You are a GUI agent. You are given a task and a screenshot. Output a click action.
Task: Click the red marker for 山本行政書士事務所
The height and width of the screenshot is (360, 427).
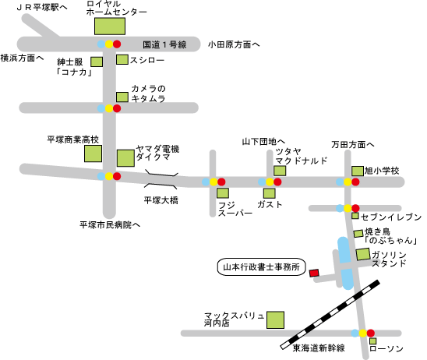click(x=314, y=273)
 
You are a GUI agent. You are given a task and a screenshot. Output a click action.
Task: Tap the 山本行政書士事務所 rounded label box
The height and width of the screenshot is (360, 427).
click(x=262, y=266)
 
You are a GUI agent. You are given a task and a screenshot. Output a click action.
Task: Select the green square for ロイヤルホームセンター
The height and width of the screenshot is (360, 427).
click(x=110, y=26)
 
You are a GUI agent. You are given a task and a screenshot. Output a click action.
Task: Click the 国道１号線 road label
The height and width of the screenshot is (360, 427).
click(x=164, y=44)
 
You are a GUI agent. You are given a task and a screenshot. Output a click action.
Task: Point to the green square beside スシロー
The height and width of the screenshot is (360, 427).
click(x=122, y=60)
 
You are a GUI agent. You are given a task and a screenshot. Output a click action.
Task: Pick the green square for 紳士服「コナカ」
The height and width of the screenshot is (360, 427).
click(x=97, y=62)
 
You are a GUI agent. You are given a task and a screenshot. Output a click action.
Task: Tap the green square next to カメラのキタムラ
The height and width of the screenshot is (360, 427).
click(x=122, y=97)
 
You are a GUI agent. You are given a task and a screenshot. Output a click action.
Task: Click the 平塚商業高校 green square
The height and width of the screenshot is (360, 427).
click(x=94, y=154)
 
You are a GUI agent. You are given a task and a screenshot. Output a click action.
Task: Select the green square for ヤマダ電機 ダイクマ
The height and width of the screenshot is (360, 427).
click(x=125, y=158)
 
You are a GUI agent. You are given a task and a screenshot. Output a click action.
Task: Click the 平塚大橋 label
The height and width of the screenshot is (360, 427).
click(x=161, y=200)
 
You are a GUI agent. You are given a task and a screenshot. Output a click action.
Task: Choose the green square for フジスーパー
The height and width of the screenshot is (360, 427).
click(x=223, y=193)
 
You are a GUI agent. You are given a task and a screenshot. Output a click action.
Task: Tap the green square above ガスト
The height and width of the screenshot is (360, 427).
click(x=270, y=193)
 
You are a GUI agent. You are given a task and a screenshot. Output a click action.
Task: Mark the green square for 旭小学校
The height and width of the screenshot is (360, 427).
click(x=358, y=171)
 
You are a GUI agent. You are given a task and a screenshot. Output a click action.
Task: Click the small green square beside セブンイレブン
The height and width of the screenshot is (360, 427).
click(x=355, y=216)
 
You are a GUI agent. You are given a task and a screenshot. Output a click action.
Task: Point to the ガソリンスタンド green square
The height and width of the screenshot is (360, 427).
click(x=363, y=254)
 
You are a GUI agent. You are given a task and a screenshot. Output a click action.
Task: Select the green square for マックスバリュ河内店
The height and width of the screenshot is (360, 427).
click(x=275, y=320)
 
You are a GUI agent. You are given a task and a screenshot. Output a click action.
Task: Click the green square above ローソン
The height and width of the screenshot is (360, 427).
click(x=372, y=341)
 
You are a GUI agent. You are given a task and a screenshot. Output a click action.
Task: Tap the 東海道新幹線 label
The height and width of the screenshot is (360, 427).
click(x=319, y=348)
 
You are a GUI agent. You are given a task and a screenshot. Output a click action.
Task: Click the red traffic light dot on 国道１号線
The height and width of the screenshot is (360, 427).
click(x=117, y=44)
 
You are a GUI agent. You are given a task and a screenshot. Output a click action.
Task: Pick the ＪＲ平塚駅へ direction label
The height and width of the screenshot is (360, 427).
click(x=41, y=7)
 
